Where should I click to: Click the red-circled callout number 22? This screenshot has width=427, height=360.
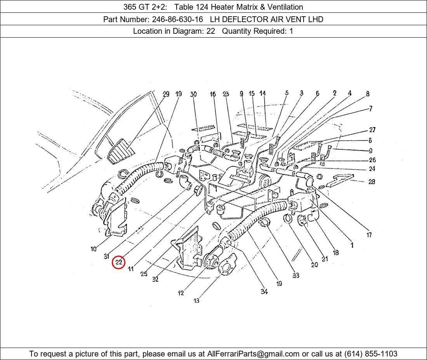click(119, 263)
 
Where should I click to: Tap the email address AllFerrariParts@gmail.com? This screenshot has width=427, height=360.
click(253, 354)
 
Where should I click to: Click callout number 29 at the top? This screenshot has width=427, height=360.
click(166, 94)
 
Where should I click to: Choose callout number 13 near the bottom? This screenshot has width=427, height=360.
click(196, 301)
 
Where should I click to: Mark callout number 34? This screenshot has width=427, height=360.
click(264, 292)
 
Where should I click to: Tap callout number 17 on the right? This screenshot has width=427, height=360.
click(369, 235)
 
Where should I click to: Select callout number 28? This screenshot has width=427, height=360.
click(371, 182)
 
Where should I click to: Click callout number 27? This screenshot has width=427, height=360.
click(372, 130)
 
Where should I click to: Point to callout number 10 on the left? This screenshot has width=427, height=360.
click(94, 249)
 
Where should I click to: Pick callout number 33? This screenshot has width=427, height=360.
click(296, 275)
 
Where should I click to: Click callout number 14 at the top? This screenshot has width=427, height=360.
click(263, 93)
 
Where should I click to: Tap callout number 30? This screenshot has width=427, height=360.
click(193, 94)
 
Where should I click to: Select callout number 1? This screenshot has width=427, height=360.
click(352, 245)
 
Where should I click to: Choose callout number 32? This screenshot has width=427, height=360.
click(155, 279)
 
